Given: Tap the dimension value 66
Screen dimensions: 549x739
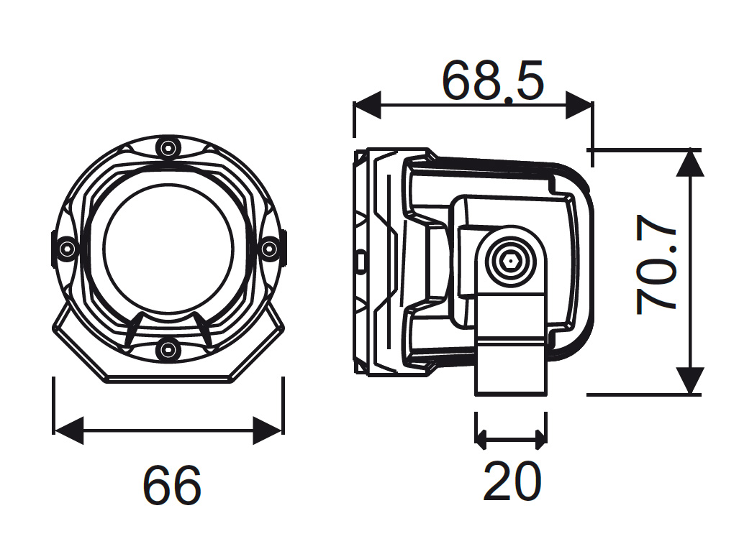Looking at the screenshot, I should pyautogui.click(x=171, y=485).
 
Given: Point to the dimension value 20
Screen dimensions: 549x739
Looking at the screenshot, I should pyautogui.click(x=511, y=481).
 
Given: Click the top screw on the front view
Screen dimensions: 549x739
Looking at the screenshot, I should pyautogui.click(x=168, y=149).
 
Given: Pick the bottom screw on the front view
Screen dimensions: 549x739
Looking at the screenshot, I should pyautogui.click(x=168, y=349).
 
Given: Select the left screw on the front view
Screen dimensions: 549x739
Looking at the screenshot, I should pyautogui.click(x=68, y=249).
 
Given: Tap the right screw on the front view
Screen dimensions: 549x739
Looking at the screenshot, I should pyautogui.click(x=268, y=249).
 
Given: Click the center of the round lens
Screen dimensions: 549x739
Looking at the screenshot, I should pyautogui.click(x=168, y=248).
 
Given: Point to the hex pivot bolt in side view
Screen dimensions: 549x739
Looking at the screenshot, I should pyautogui.click(x=510, y=262).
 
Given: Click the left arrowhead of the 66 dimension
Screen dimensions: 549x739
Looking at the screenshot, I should pyautogui.click(x=68, y=430).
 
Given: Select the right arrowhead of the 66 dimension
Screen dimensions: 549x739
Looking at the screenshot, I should pyautogui.click(x=268, y=430).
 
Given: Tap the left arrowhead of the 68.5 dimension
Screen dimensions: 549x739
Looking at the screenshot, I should pyautogui.click(x=366, y=105).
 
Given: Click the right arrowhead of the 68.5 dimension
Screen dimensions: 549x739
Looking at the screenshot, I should pyautogui.click(x=579, y=105).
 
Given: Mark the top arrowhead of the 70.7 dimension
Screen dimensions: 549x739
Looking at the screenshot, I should pyautogui.click(x=690, y=162).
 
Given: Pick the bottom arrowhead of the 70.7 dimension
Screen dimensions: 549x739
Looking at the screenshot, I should pyautogui.click(x=690, y=381).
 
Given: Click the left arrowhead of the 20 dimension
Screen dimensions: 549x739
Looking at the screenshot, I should pyautogui.click(x=482, y=437).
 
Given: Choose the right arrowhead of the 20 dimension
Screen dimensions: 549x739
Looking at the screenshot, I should pyautogui.click(x=540, y=437).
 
